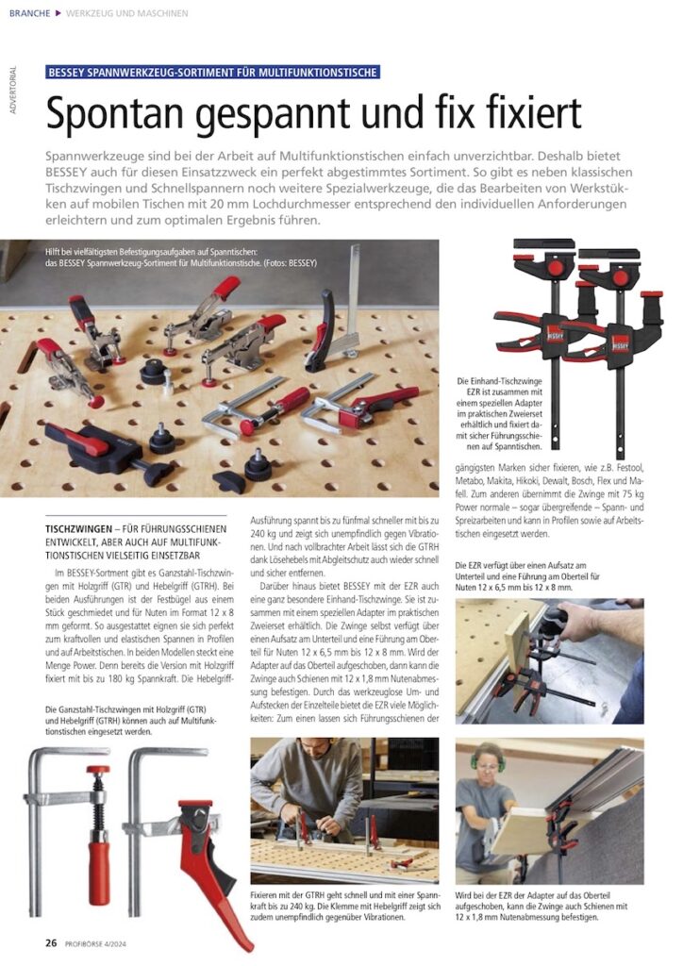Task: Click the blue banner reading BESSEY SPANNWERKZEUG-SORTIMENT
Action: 212,72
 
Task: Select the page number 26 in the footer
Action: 51,941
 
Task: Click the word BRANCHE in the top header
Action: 29,13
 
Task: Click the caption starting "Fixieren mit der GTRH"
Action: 344,904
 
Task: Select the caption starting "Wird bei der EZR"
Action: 548,904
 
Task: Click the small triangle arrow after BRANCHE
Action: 58,13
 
